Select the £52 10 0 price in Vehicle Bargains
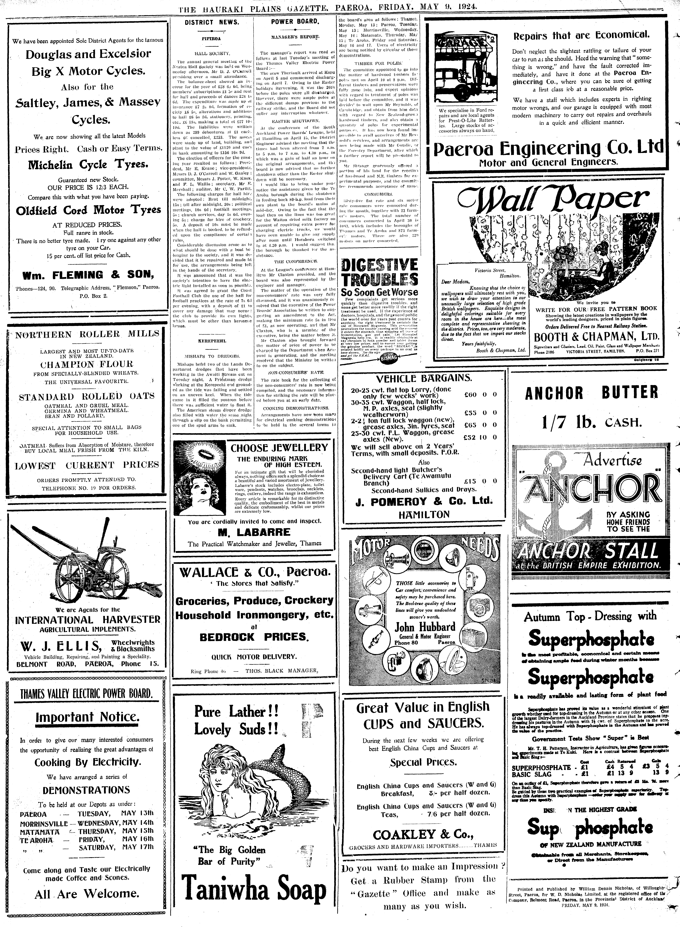click(480, 437)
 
